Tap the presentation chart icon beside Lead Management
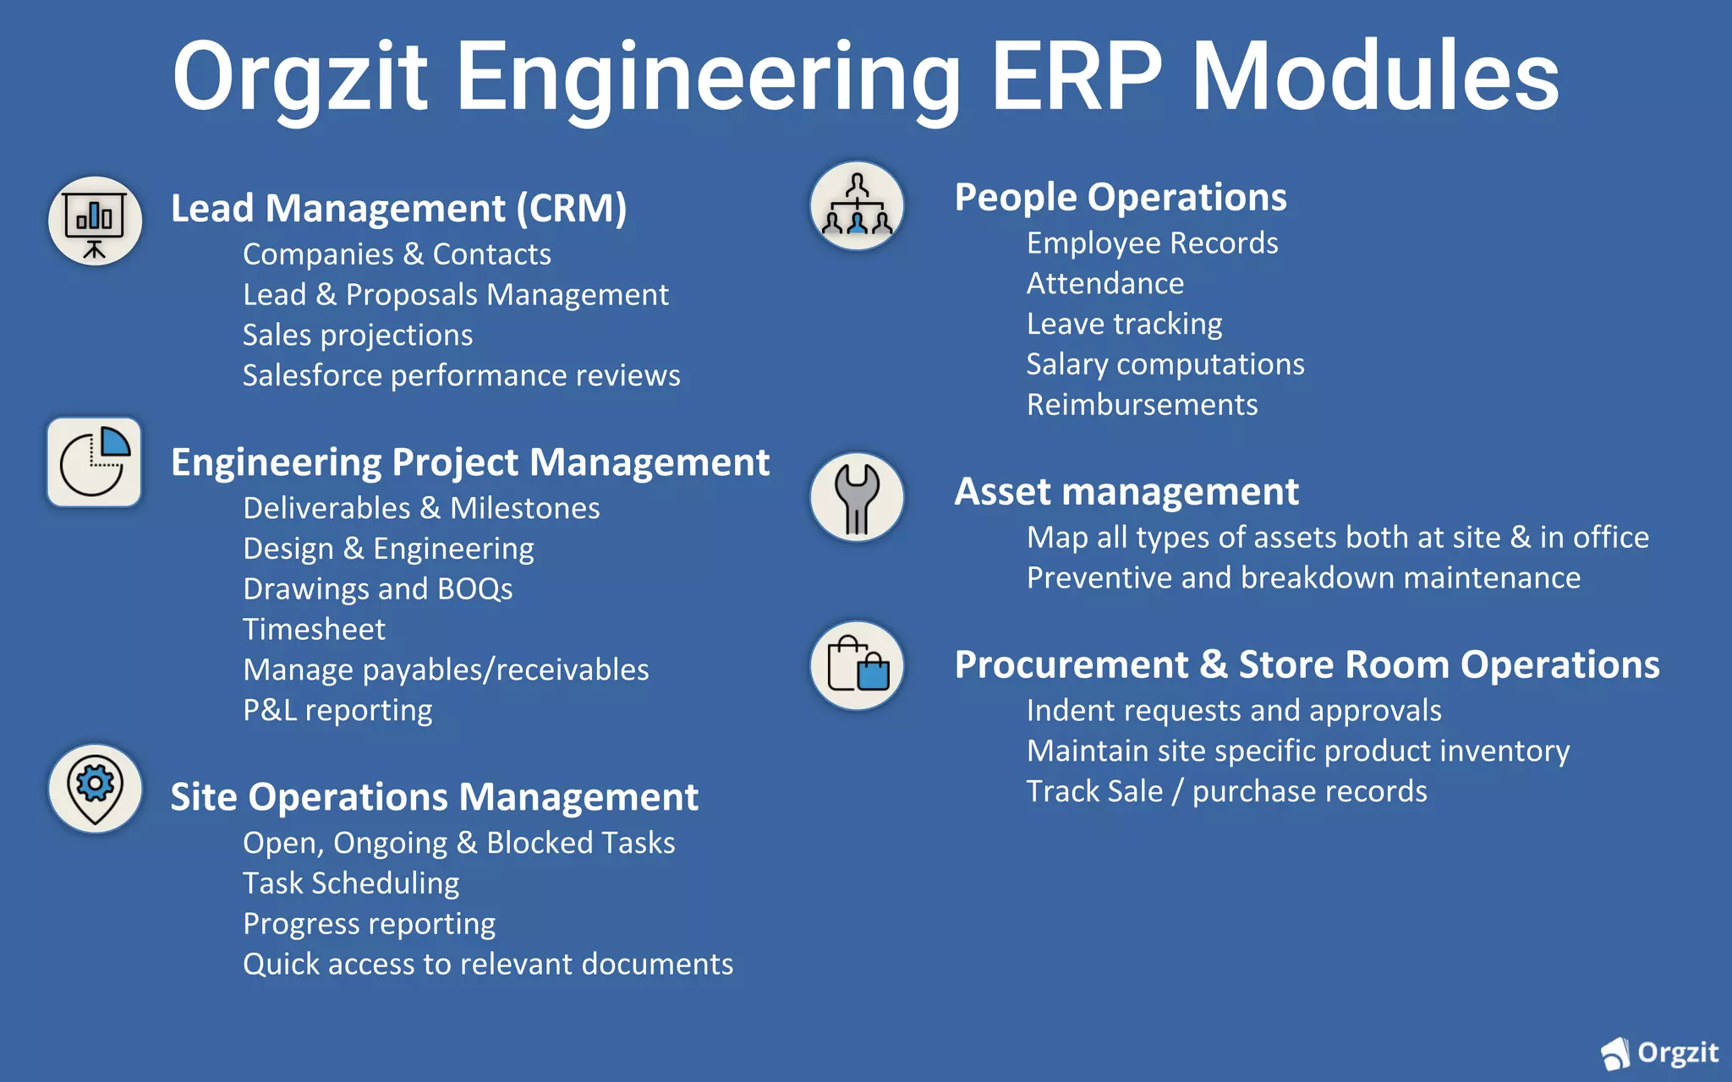95,221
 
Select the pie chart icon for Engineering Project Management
95,462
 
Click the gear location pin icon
95,788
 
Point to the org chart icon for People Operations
857,206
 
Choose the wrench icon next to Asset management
857,497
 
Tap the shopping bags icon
857,666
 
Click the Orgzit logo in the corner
1659,1052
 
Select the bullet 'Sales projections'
358,336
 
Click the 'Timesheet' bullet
314,630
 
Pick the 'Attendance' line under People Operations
1104,284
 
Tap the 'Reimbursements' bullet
1142,405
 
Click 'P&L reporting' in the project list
337,711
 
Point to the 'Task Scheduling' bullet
351,883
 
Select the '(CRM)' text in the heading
572,209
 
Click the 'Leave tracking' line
1124,324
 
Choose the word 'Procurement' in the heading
1071,664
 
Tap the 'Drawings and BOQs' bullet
377,589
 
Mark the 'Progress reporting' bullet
369,924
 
